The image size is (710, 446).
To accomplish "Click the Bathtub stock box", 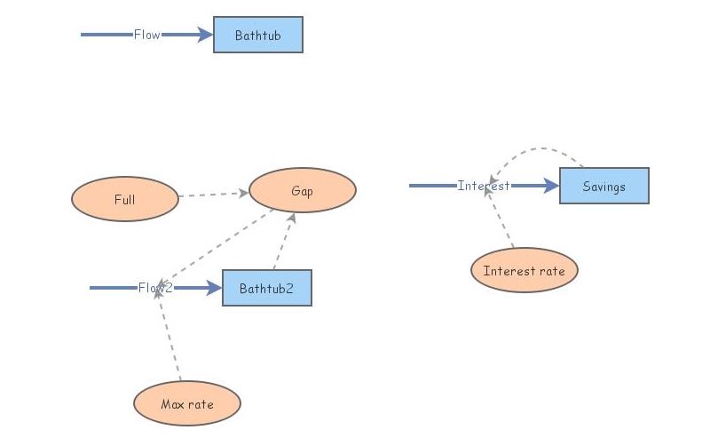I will point(257,35).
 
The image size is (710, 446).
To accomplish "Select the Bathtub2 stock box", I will point(266,288).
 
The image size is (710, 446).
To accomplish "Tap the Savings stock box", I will point(603,186).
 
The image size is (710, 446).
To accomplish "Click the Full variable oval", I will point(124,200).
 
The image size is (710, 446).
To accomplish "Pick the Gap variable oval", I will point(302,191).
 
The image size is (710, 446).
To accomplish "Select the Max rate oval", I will point(186,403).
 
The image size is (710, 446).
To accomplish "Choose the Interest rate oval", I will point(524,270).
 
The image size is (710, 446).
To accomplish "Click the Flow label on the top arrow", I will point(146,35).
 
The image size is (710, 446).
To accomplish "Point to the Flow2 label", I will point(155,288).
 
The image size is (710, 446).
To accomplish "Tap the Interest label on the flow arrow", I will point(484,186).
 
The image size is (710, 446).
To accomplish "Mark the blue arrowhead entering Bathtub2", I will point(213,288).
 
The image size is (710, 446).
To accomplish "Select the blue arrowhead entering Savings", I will point(550,186).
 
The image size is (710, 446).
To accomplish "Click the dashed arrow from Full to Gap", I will point(213,194).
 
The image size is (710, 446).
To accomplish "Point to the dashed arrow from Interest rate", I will point(500,218).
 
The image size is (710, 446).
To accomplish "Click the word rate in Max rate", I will point(200,404).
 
